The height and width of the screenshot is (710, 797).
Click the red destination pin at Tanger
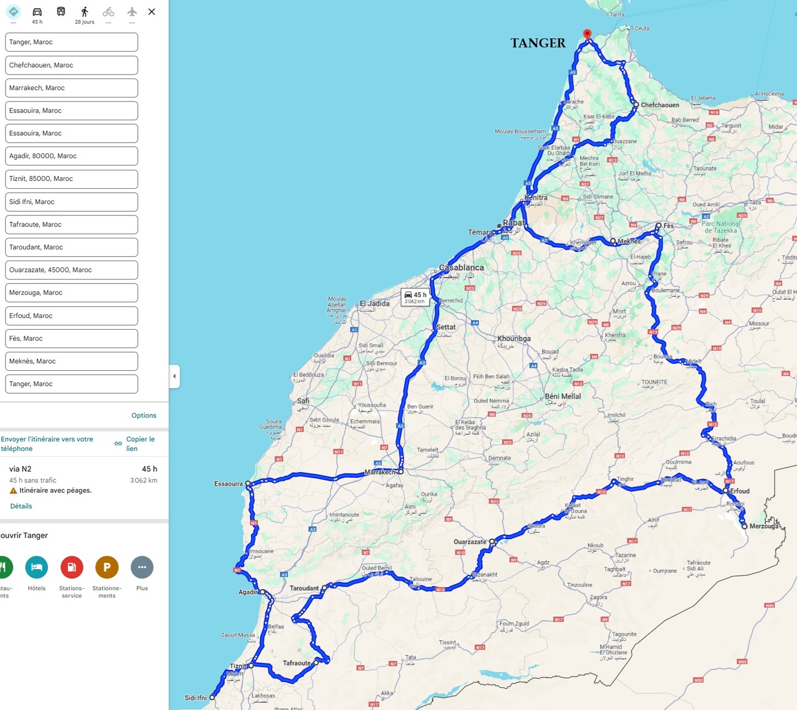coord(587,34)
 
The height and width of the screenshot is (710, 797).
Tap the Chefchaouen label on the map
coord(660,105)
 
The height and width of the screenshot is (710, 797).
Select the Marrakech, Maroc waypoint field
coord(71,88)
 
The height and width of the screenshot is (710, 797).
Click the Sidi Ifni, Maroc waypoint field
coord(71,202)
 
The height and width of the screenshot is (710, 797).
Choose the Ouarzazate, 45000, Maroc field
coord(71,270)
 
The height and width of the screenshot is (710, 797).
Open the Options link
coord(144,415)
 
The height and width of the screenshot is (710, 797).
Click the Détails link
coord(21,506)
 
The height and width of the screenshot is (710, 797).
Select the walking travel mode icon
coord(85,12)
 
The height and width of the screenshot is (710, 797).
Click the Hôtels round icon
coord(37,567)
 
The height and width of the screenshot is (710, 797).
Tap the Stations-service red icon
coord(72,567)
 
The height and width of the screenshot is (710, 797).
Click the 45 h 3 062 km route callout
coord(415,297)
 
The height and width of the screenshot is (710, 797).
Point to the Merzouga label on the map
coord(764,526)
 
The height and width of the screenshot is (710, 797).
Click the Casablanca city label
coord(461,267)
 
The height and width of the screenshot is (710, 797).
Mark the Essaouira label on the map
coord(228,484)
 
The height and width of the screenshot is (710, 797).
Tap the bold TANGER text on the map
coord(538,43)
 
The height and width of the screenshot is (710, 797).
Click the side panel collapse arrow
coord(174,376)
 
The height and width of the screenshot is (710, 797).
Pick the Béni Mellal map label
coord(563,396)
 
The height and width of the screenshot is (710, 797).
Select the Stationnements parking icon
coord(107,567)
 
